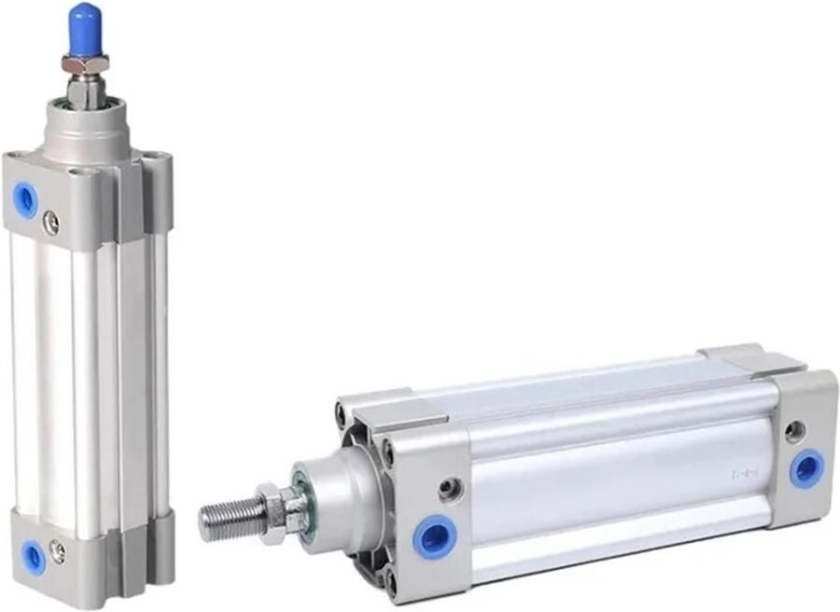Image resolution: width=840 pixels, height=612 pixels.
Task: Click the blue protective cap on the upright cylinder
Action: coord(85,27)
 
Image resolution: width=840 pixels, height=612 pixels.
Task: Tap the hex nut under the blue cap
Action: coord(85,63)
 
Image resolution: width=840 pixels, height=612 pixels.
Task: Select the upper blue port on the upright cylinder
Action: coord(26,200)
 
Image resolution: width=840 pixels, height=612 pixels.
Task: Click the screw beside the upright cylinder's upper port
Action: coord(52,222)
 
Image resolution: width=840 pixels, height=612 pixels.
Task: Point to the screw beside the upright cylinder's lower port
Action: coord(58,552)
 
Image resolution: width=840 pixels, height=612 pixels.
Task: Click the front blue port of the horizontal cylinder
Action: coord(434,538)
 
